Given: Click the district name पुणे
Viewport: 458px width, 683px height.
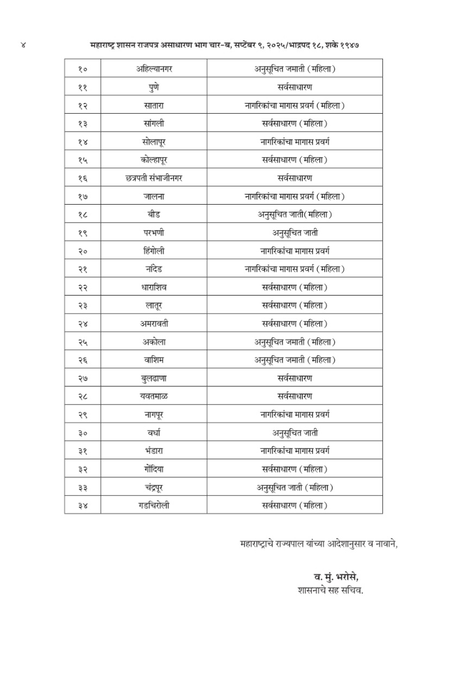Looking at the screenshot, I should pyautogui.click(x=153, y=87).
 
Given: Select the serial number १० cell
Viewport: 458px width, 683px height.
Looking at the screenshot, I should pyautogui.click(x=83, y=69).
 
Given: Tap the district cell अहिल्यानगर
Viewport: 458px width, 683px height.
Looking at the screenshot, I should pyautogui.click(x=153, y=69).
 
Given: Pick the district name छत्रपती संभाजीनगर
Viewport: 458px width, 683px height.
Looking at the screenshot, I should pyautogui.click(x=153, y=178).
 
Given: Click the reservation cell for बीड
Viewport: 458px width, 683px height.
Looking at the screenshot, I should pyautogui.click(x=294, y=214).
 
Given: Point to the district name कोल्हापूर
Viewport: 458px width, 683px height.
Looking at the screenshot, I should pyautogui.click(x=153, y=160).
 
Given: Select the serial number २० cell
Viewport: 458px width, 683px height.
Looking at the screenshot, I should pyautogui.click(x=83, y=251).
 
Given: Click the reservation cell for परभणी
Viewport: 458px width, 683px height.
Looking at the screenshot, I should pyautogui.click(x=294, y=233).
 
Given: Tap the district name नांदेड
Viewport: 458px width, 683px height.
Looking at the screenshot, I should pyautogui.click(x=153, y=269).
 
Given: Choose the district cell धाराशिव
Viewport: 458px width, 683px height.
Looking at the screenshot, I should pyautogui.click(x=153, y=287).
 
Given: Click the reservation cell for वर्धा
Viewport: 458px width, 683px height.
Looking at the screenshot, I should pyautogui.click(x=294, y=433).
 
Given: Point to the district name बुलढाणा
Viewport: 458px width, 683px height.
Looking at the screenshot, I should pyautogui.click(x=153, y=378).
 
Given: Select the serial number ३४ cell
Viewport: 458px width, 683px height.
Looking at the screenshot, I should pyautogui.click(x=83, y=506).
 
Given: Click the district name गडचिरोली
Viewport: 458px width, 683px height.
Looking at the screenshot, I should pyautogui.click(x=153, y=506).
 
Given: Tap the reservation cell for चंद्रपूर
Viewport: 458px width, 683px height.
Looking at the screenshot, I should pyautogui.click(x=294, y=488).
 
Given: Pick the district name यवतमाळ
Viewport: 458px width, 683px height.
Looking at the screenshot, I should pyautogui.click(x=153, y=396).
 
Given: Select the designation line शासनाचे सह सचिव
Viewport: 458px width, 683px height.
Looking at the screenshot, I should pyautogui.click(x=330, y=589).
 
